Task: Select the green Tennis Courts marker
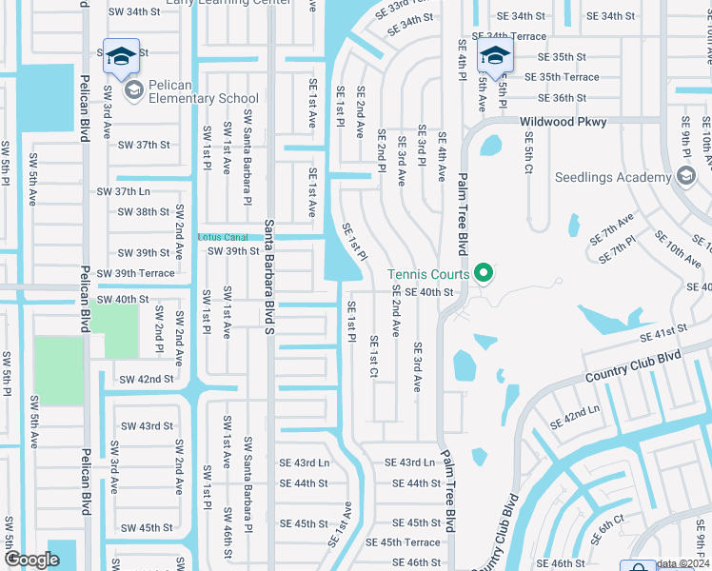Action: click(x=484, y=274)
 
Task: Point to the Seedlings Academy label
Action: click(x=614, y=177)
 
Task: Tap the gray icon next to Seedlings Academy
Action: click(x=685, y=176)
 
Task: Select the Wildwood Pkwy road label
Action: click(x=563, y=122)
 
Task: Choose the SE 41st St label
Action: click(x=663, y=331)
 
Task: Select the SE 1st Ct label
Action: click(x=373, y=354)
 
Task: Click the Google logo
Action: click(x=31, y=560)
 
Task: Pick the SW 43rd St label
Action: click(x=144, y=425)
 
